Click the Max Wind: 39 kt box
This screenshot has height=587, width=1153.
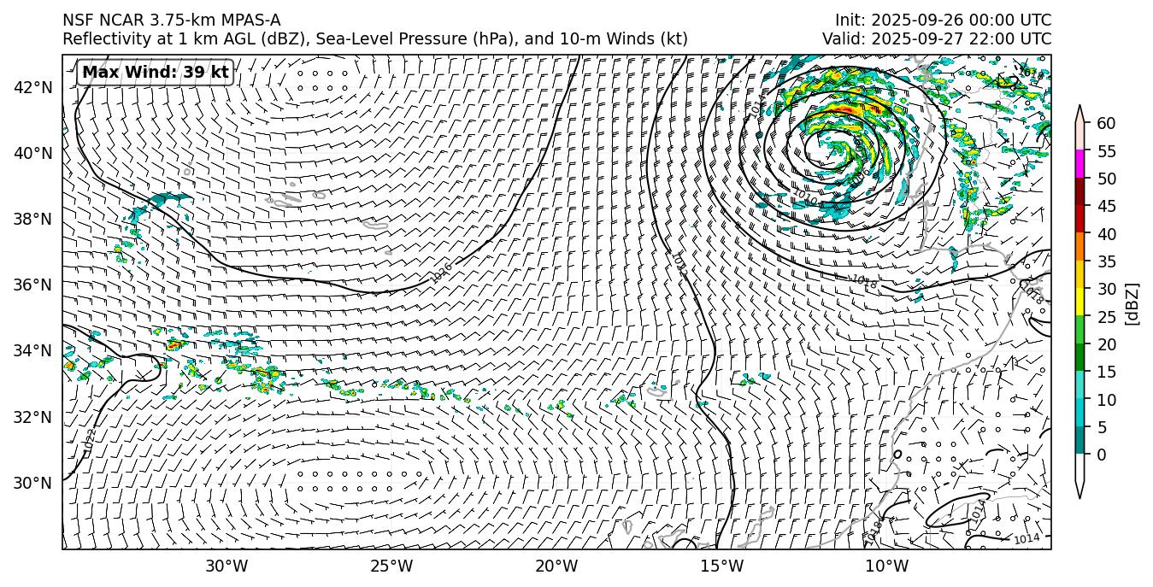click(155, 73)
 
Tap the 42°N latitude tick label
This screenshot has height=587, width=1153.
click(33, 87)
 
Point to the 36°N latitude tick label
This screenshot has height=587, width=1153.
click(33, 285)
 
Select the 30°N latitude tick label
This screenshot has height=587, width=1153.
click(33, 483)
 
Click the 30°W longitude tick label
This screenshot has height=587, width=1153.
click(226, 566)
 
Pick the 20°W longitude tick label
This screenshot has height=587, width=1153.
click(556, 566)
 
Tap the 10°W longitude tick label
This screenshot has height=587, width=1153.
click(886, 566)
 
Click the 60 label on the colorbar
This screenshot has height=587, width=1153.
click(1106, 124)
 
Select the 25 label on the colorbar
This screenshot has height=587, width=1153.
click(1106, 317)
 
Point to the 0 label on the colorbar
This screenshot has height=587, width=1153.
click(1102, 455)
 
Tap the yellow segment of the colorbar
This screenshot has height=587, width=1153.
click(1079, 302)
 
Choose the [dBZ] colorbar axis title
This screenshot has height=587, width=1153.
click(1132, 303)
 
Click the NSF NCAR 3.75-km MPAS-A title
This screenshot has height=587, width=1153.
click(171, 21)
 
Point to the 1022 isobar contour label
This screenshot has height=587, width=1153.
click(90, 441)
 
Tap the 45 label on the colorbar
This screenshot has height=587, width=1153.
click(1106, 207)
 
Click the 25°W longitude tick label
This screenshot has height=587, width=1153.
click(391, 566)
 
